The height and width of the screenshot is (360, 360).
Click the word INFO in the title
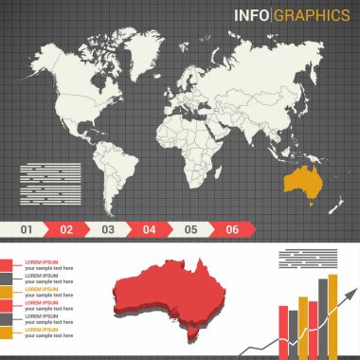[x=253, y=14]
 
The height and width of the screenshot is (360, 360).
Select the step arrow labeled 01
[x=27, y=229]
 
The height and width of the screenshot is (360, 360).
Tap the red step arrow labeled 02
[x=66, y=229]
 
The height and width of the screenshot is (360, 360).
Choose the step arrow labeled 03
[x=108, y=229]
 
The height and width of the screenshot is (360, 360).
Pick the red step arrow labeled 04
[x=150, y=229]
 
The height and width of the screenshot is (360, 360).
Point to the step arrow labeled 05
[x=190, y=229]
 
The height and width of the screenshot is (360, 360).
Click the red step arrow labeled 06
[x=232, y=229]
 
